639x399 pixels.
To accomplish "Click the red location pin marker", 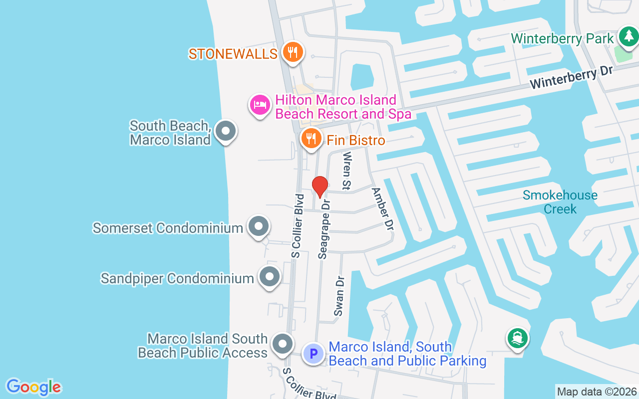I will [319, 187].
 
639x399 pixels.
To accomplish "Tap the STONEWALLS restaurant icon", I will [293, 52].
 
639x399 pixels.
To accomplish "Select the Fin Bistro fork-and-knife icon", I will [312, 139].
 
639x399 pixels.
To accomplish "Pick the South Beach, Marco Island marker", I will [226, 131].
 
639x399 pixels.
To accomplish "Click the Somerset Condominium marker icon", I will [258, 226].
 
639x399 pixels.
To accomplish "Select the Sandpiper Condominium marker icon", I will [270, 277].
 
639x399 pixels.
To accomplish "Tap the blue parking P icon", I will [314, 354].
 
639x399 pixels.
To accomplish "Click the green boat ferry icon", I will [517, 338].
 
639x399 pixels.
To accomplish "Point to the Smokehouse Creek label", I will [560, 201].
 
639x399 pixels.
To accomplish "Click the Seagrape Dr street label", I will [324, 229].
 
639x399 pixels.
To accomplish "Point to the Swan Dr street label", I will [340, 296].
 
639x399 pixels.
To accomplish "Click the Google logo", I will [33, 387].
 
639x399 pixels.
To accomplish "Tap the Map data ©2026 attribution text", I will [597, 392].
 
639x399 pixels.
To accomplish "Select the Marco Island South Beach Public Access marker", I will [282, 344].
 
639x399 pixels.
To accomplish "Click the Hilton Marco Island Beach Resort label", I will [343, 107].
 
